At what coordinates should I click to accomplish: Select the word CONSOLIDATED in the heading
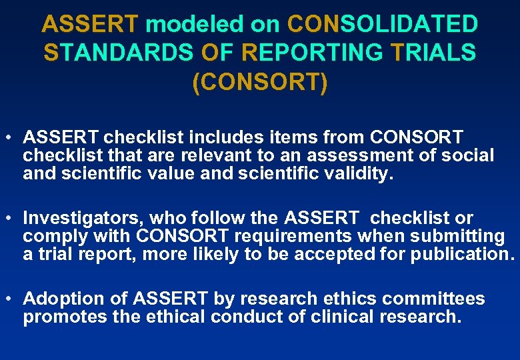click(x=383, y=25)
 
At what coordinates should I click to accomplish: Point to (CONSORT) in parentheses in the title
click(x=260, y=82)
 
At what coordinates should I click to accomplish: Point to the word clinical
click(x=318, y=317)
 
